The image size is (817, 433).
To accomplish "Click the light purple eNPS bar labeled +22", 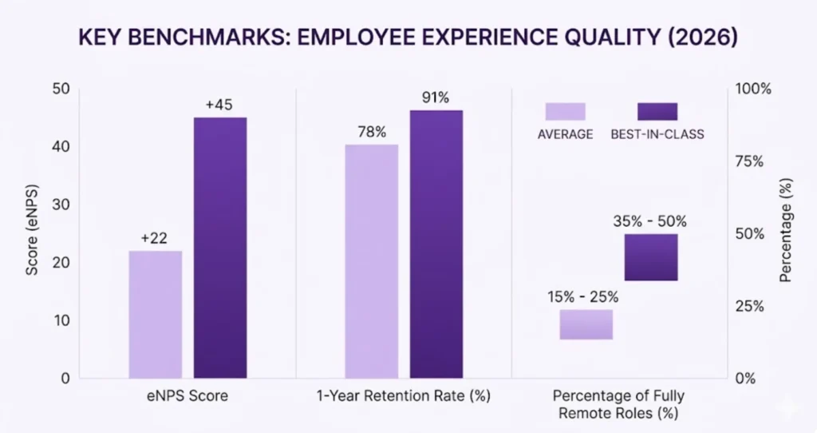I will (x=155, y=314).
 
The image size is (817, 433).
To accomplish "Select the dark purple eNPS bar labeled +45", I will (x=219, y=248).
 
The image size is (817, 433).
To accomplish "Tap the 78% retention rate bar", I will (x=371, y=261).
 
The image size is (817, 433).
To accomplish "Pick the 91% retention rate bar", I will (x=436, y=244).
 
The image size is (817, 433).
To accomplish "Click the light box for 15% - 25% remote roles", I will (x=586, y=324).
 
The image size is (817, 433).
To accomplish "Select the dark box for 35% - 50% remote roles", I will (x=651, y=257).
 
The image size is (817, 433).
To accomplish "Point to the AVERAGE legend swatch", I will (x=565, y=111).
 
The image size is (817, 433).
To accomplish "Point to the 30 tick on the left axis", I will (x=61, y=205).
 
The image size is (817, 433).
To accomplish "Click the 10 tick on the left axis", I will (x=61, y=320).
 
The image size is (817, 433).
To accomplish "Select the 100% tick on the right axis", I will (x=754, y=89).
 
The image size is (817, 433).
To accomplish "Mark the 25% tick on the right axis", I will (x=751, y=306).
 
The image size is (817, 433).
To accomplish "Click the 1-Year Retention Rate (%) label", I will (x=403, y=396).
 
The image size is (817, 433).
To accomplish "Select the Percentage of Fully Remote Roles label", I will (x=619, y=404).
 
